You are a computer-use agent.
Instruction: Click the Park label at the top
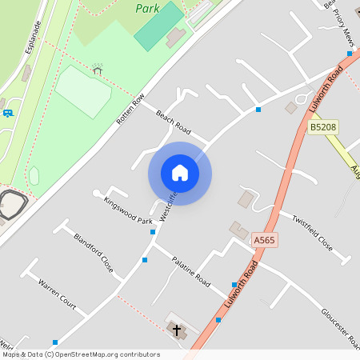[148, 8]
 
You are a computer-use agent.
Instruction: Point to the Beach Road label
[174, 122]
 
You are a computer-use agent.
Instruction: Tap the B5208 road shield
[322, 127]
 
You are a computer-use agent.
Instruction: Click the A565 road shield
[264, 240]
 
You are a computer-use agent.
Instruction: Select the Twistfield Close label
[311, 232]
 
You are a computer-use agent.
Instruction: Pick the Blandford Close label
[94, 253]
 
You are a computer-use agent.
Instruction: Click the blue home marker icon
[180, 174]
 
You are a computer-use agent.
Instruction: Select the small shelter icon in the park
[98, 70]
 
